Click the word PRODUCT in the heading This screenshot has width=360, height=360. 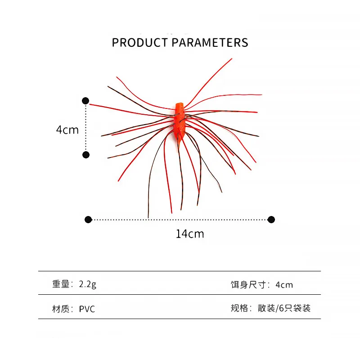[x=140, y=43]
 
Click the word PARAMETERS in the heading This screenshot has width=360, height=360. [x=210, y=43]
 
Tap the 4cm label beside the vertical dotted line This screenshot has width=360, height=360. [x=67, y=130]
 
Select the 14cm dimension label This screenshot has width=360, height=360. [x=190, y=234]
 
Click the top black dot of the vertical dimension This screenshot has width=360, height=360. [x=85, y=101]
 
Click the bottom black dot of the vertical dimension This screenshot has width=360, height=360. [x=86, y=155]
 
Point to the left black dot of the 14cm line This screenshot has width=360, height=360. [x=88, y=220]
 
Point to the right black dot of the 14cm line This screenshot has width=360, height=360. [x=271, y=220]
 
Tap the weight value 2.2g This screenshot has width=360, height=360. [x=87, y=284]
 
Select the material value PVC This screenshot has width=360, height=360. [x=87, y=309]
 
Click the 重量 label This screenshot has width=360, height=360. [x=61, y=284]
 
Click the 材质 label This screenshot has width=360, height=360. [x=61, y=309]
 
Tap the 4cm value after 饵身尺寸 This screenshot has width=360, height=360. [x=284, y=285]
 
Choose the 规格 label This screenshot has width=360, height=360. [x=239, y=308]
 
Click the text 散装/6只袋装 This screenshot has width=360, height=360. [x=284, y=308]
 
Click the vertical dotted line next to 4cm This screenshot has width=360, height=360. [x=85, y=128]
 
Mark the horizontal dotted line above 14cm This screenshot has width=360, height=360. [x=180, y=220]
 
